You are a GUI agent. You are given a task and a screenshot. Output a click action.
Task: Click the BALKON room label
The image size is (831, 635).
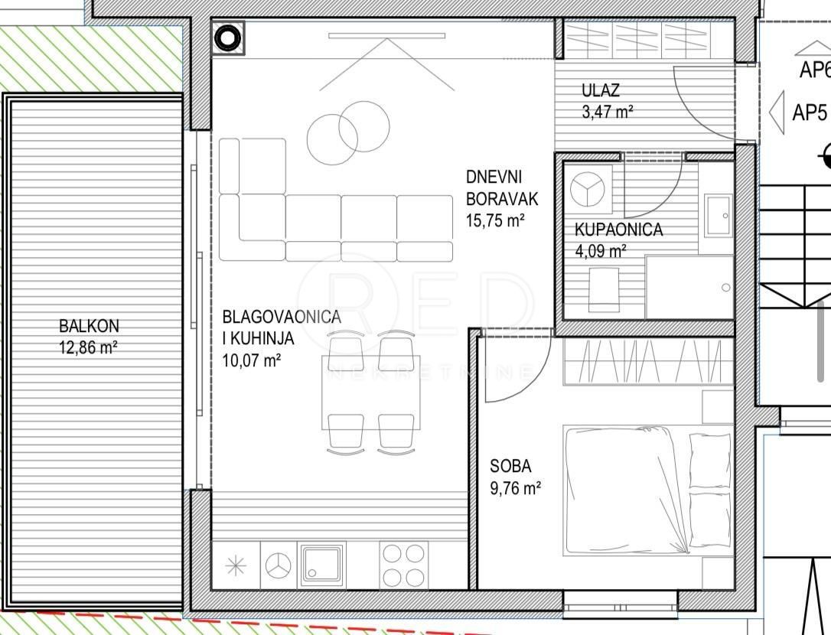[89, 326]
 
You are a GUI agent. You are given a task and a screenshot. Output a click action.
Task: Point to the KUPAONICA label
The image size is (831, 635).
[618, 230]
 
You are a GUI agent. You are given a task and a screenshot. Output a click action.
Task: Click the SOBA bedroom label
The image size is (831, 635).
[510, 465]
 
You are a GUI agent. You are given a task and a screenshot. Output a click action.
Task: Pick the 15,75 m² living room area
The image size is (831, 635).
[494, 221]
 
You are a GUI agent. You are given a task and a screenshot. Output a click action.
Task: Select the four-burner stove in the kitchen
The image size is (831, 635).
[403, 565]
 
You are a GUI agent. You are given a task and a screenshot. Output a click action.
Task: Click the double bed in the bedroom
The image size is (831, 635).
[647, 490]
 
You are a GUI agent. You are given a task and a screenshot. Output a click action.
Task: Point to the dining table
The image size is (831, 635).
[371, 392]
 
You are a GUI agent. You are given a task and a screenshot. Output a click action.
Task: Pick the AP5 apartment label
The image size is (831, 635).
[810, 113]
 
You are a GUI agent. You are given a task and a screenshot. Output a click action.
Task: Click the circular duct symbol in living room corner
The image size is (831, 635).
[228, 37]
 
